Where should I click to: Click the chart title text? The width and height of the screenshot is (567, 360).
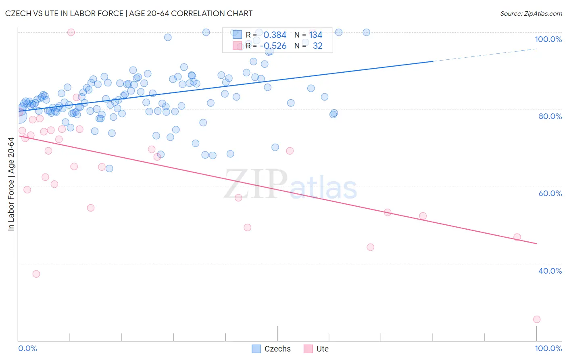pyautogui.click(x=129, y=13)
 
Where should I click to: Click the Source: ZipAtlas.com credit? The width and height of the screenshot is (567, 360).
pyautogui.click(x=531, y=13)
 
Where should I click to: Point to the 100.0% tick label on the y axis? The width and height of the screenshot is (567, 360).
pyautogui.click(x=548, y=39)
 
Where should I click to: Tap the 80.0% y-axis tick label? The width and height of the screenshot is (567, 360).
pyautogui.click(x=550, y=116)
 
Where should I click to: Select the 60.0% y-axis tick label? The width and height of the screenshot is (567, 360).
pyautogui.click(x=550, y=193)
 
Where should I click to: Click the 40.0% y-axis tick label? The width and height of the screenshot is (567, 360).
pyautogui.click(x=550, y=271)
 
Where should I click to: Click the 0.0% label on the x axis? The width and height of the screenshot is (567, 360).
pyautogui.click(x=27, y=348)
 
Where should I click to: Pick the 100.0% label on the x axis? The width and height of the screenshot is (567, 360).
pyautogui.click(x=548, y=348)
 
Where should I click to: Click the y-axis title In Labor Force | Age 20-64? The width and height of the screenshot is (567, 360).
pyautogui.click(x=11, y=184)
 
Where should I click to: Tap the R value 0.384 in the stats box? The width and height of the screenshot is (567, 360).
pyautogui.click(x=275, y=35)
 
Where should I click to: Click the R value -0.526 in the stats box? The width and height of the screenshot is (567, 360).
pyautogui.click(x=273, y=46)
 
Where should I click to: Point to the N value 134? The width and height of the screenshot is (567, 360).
pyautogui.click(x=316, y=35)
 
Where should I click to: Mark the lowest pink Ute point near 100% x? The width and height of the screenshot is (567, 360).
pyautogui.click(x=536, y=319)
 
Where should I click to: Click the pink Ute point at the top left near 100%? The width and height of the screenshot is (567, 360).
pyautogui.click(x=71, y=32)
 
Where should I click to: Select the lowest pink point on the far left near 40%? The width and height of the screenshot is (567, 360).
pyautogui.click(x=36, y=274)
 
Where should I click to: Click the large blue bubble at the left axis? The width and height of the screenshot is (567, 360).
pyautogui.click(x=19, y=116)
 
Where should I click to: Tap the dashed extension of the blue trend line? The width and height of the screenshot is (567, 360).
pyautogui.click(x=484, y=54)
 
